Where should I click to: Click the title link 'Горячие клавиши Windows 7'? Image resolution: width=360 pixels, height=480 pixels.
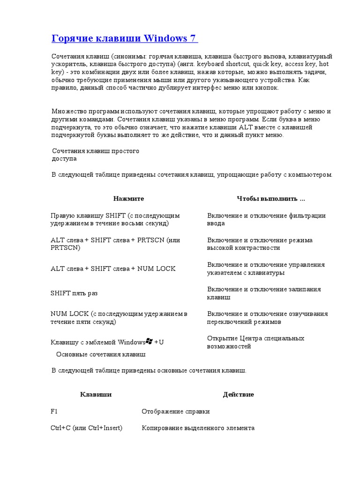click(124, 38)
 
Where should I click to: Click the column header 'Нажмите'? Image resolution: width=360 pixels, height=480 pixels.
click(128, 199)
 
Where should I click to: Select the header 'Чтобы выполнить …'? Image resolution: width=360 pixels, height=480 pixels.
click(271, 199)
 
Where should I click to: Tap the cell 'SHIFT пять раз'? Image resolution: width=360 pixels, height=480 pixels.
click(74, 293)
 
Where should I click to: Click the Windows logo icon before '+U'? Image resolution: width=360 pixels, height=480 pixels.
click(150, 341)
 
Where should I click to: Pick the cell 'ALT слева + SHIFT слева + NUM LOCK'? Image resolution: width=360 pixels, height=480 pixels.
click(113, 269)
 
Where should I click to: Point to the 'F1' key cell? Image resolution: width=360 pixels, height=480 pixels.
click(54, 412)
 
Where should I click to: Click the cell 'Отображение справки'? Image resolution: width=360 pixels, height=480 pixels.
click(176, 412)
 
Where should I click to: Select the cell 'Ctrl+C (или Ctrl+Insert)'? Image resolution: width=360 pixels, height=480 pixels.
click(86, 428)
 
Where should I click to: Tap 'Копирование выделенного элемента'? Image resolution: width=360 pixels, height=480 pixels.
click(198, 428)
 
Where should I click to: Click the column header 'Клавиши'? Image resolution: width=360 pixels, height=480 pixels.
click(96, 395)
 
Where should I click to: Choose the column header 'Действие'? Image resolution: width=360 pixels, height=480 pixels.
click(238, 395)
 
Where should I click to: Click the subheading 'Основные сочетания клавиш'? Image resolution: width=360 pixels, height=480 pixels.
click(101, 354)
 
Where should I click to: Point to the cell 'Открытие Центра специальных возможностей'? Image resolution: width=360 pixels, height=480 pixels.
click(255, 342)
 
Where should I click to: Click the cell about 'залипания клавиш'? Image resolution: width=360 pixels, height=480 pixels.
click(264, 293)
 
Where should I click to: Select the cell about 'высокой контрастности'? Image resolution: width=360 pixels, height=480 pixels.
click(260, 244)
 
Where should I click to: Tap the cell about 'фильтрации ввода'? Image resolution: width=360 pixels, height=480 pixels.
click(266, 220)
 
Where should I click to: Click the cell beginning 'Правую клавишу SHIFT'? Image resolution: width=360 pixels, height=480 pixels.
click(115, 220)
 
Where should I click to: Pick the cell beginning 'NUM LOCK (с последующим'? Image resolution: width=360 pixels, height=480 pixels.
click(119, 318)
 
